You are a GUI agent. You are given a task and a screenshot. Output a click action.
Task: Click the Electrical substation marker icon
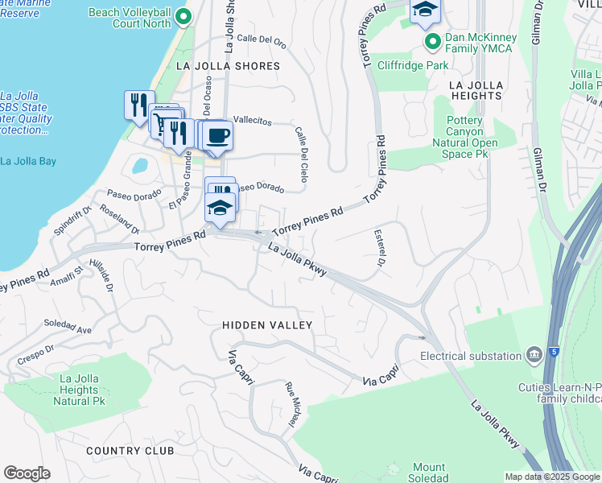tap(533, 355)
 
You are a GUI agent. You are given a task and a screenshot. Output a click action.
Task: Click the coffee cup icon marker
tap(216, 134)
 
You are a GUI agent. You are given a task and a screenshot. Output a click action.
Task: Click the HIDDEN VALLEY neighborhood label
tap(266, 324)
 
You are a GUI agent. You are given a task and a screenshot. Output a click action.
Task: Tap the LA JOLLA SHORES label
tap(232, 66)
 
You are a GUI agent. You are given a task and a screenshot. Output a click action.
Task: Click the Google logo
tap(27, 473)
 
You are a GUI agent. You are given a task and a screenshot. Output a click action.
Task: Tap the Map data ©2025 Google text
tap(552, 477)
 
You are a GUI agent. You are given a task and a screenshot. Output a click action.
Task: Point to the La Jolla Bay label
tap(28, 161)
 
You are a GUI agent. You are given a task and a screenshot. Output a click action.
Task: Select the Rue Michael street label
tap(291, 403)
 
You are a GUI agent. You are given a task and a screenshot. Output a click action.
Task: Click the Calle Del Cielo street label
tap(301, 149)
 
